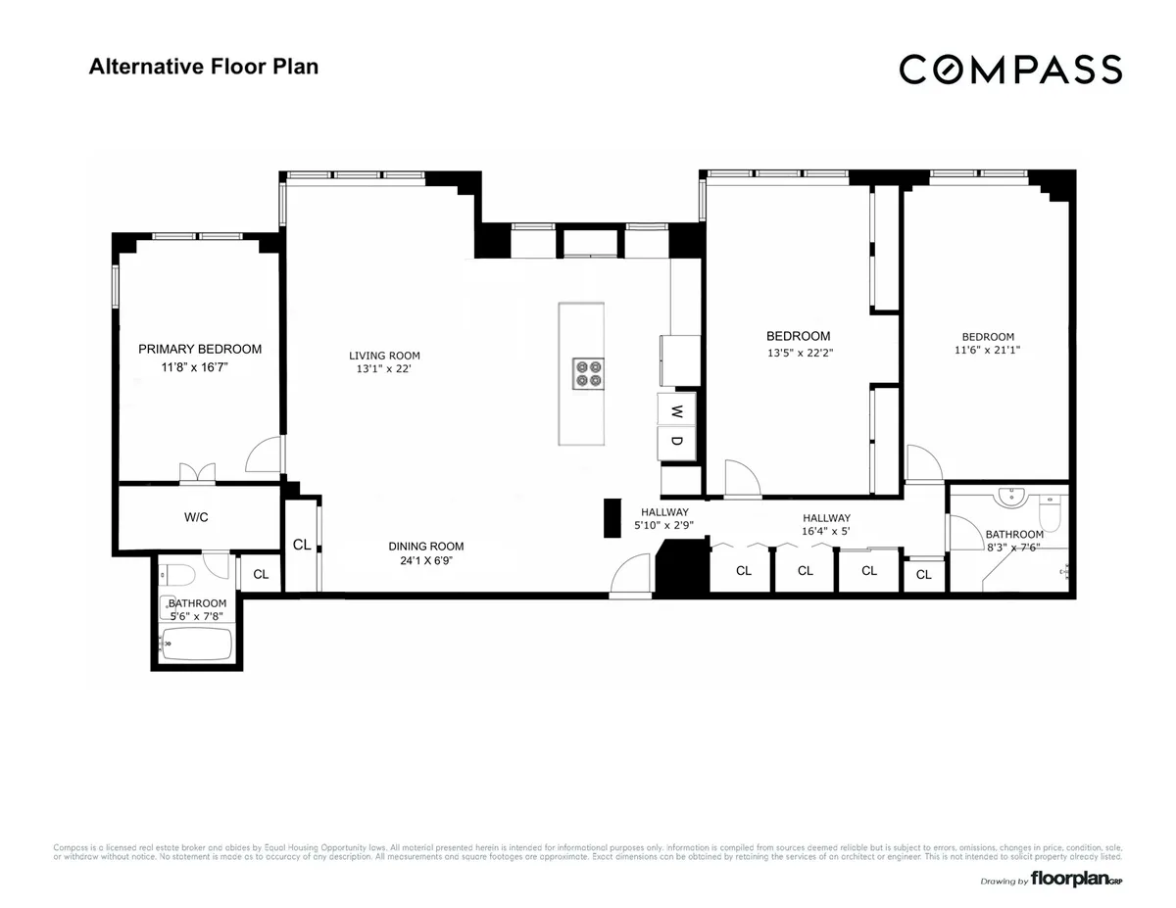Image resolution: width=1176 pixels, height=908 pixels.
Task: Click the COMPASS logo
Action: tap(1010, 70)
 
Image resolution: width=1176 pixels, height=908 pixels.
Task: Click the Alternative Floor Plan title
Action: tap(204, 67)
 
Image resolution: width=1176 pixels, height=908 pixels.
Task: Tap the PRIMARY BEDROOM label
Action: tap(200, 350)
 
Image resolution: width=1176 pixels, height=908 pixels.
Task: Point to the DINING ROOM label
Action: tap(425, 547)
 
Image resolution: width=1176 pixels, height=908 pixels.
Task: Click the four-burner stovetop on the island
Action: tap(588, 373)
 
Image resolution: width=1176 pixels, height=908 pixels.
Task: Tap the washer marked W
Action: tap(676, 411)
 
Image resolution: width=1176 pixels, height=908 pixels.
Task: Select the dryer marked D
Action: tap(676, 441)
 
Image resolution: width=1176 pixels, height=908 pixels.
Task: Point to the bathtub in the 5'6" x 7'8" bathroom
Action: tap(196, 645)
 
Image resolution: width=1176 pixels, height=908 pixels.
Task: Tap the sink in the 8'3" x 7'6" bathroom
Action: tap(1008, 498)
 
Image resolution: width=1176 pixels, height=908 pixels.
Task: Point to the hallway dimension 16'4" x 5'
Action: tap(826, 532)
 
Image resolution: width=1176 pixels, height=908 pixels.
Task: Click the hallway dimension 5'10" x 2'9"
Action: tap(664, 526)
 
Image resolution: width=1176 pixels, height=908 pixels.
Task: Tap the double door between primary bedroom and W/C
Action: tap(197, 474)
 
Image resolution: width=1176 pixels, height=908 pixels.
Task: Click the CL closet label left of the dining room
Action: tap(301, 546)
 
